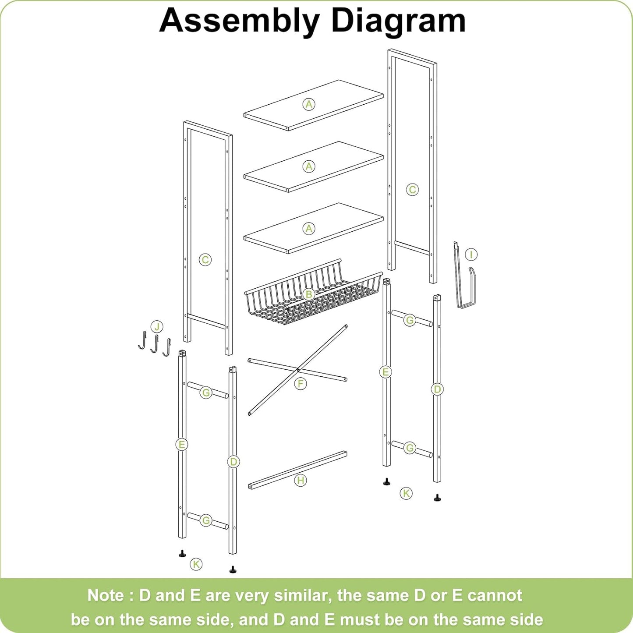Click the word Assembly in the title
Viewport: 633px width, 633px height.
pos(239,21)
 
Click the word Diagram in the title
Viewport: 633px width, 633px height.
pos(398,21)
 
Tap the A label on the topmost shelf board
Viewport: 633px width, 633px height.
pos(309,104)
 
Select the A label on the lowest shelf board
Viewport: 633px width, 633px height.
pos(309,228)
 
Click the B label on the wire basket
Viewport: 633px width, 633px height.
pos(309,294)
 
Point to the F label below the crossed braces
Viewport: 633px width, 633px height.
pos(301,384)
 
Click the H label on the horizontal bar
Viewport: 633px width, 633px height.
pos(301,481)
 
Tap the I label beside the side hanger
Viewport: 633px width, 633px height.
pos(471,255)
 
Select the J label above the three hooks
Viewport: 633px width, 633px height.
pos(157,326)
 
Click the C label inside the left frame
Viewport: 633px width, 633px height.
pos(205,260)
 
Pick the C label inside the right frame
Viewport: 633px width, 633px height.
pos(412,190)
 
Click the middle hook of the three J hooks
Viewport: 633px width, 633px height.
pos(154,344)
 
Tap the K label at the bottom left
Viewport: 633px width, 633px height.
pos(196,564)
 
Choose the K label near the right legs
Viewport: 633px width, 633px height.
pos(407,493)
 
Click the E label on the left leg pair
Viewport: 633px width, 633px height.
pos(181,445)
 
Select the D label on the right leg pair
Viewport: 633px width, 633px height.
pos(437,389)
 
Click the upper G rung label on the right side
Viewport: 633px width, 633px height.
pos(410,320)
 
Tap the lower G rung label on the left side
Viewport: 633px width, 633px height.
pos(206,520)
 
